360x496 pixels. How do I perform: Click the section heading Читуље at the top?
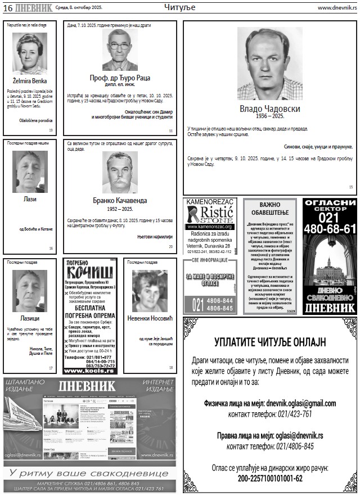coord(179,7)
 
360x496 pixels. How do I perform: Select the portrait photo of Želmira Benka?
coord(30,53)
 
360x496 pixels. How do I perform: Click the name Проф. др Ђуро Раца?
coord(119,78)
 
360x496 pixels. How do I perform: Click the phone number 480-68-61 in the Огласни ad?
coord(330,229)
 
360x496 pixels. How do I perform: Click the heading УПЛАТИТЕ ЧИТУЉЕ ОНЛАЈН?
coord(270,342)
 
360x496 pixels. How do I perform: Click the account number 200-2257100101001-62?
coord(270,479)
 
